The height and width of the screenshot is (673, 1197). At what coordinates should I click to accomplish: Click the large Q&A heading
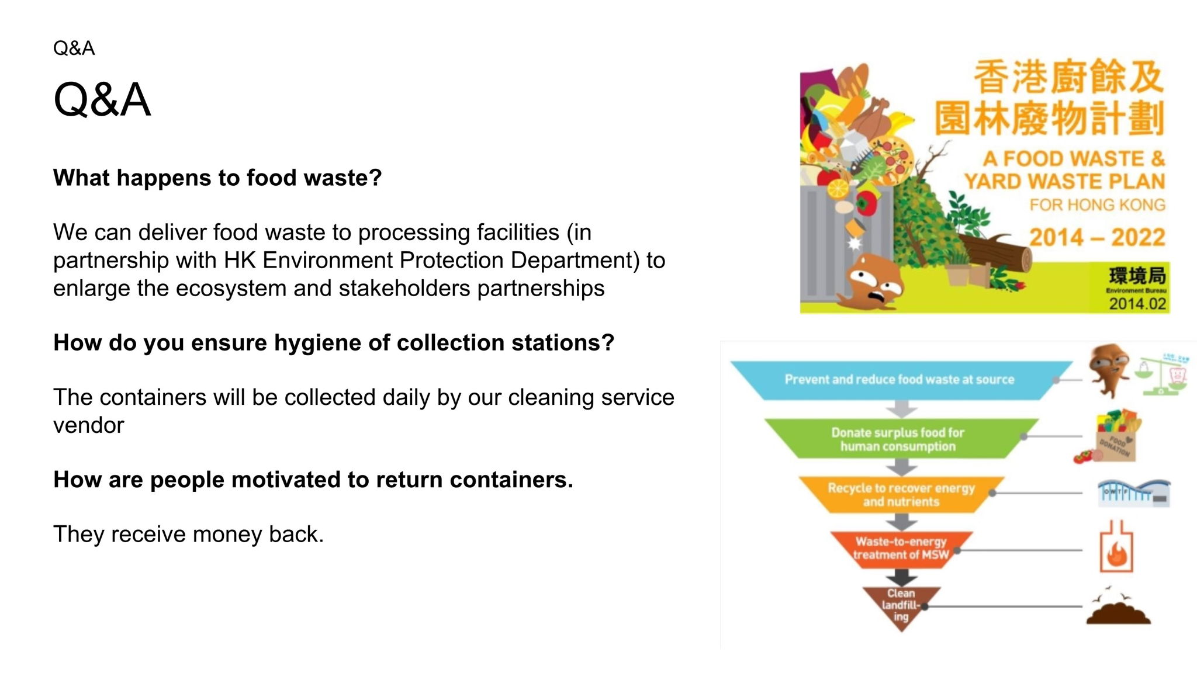pyautogui.click(x=102, y=99)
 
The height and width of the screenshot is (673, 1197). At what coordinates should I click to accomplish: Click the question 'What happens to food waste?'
pyautogui.click(x=217, y=178)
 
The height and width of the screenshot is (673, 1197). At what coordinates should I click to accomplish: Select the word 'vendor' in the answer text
pyautogui.click(x=88, y=425)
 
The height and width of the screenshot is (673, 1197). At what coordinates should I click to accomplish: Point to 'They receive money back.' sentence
pyautogui.click(x=188, y=534)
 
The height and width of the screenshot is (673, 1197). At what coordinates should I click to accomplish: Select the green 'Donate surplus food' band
pyautogui.click(x=898, y=439)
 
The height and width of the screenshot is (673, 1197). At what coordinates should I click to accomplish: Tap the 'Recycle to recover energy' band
pyautogui.click(x=901, y=494)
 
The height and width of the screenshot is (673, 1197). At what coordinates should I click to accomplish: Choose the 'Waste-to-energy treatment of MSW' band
pyautogui.click(x=901, y=548)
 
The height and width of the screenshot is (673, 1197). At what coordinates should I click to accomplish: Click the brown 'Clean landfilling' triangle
pyautogui.click(x=901, y=605)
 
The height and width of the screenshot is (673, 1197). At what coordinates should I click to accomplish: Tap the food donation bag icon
pyautogui.click(x=1114, y=438)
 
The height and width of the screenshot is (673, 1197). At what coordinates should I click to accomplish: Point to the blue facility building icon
pyautogui.click(x=1133, y=492)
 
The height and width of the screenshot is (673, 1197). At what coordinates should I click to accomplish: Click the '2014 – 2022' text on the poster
pyautogui.click(x=1096, y=237)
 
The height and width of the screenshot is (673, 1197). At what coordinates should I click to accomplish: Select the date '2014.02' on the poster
pyautogui.click(x=1137, y=304)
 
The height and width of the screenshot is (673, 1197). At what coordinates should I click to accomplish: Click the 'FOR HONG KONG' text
pyautogui.click(x=1097, y=205)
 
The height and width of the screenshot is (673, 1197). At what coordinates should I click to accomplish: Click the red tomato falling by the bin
pyautogui.click(x=866, y=203)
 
